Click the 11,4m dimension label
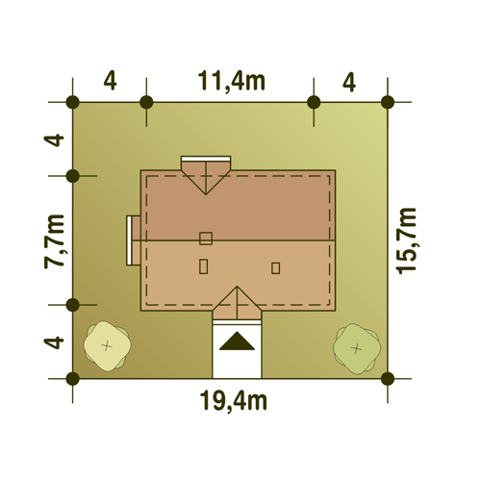232,81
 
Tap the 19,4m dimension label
234,401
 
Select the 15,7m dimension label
407,241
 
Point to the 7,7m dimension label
54,241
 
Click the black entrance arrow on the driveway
237,342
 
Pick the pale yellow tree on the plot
107,346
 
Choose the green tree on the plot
357,348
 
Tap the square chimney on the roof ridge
206,239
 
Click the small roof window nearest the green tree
275,268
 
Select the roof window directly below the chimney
203,266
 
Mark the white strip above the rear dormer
206,159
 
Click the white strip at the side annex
130,240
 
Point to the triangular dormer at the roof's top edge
206,176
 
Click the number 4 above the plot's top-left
110,82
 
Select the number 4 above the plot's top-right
349,83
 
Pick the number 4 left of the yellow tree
54,342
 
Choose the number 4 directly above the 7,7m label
54,140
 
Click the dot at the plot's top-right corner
388,102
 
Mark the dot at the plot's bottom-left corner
73,379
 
